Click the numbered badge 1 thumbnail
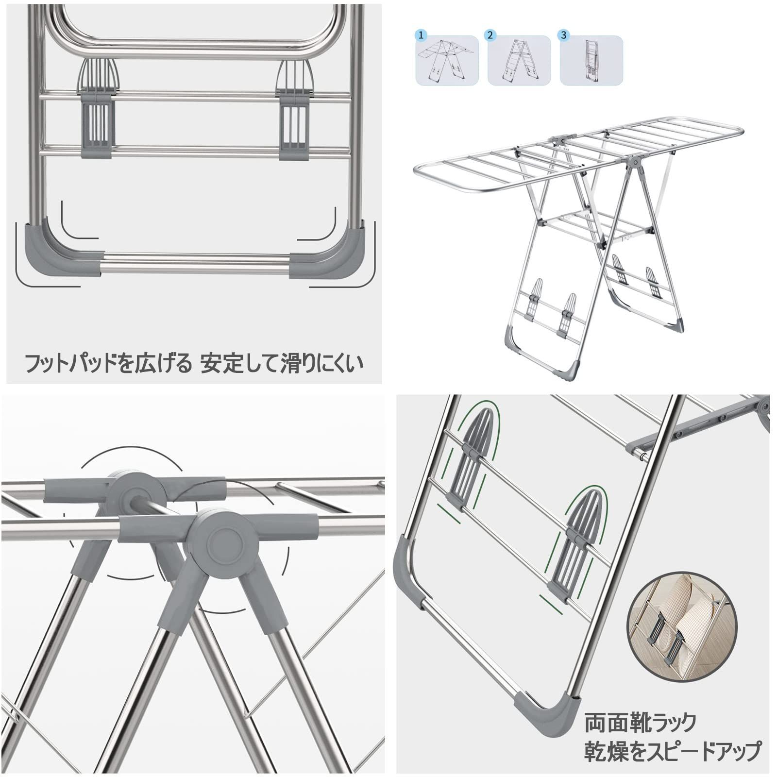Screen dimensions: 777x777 point(447,61)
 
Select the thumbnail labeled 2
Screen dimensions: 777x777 point(519,61)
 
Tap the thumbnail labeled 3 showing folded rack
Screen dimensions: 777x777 point(591,61)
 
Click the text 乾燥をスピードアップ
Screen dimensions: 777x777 point(672,751)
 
